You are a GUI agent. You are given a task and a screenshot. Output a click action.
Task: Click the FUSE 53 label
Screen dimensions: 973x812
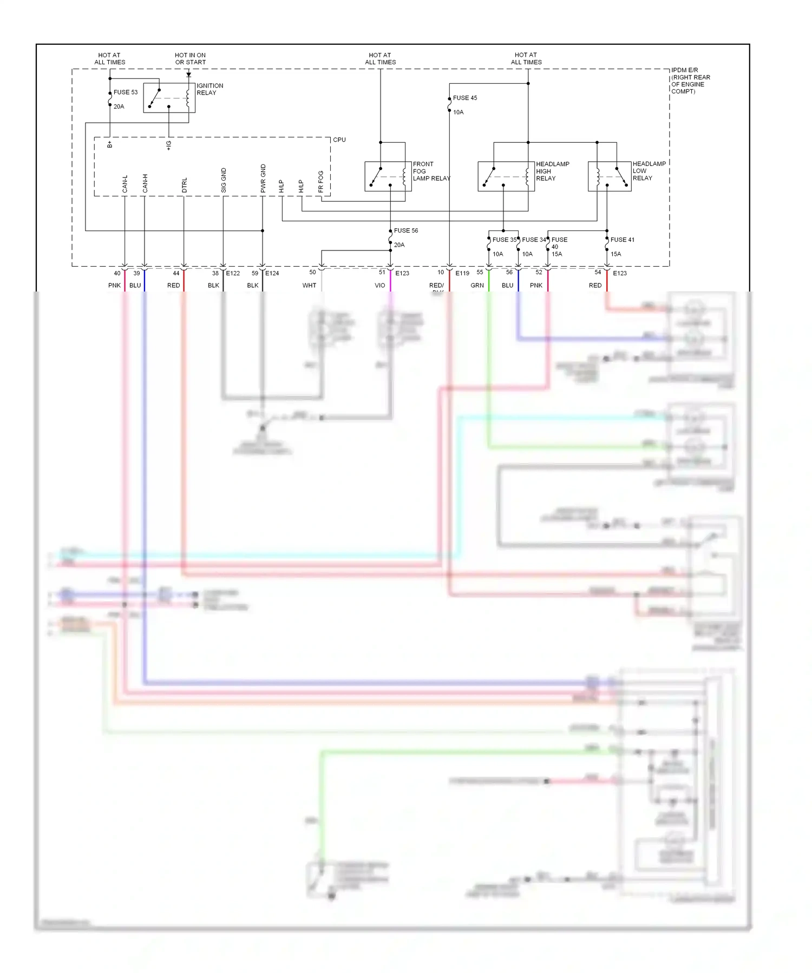(x=125, y=92)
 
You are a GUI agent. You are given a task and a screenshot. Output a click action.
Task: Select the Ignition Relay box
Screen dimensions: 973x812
(x=169, y=98)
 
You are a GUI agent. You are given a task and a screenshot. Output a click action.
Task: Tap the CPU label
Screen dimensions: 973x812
(x=339, y=140)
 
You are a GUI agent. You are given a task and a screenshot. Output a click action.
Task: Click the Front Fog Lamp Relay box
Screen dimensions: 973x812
(x=384, y=176)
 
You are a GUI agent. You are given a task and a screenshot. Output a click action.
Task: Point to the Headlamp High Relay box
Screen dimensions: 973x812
(x=506, y=176)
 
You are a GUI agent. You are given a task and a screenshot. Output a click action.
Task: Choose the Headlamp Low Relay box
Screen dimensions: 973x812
(x=610, y=176)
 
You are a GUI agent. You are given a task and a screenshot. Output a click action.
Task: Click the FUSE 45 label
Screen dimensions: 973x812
(x=464, y=98)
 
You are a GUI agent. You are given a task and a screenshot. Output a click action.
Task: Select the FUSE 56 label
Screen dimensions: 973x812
(x=405, y=230)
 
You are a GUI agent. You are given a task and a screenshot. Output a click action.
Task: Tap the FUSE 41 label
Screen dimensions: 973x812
(x=622, y=240)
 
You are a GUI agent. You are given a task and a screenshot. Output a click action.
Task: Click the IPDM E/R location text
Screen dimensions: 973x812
(x=690, y=81)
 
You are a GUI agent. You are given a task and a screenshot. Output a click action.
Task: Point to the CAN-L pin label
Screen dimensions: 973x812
(x=125, y=184)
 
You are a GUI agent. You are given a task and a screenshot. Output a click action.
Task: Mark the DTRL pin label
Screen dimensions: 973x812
(x=184, y=185)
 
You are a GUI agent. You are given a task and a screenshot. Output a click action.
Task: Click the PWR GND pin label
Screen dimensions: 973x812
(x=263, y=178)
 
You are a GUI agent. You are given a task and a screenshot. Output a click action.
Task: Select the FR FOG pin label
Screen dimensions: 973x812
(x=321, y=182)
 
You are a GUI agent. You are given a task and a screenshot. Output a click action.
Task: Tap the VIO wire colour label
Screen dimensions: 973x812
(x=380, y=286)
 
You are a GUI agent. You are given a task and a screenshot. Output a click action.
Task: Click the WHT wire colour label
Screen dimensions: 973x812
(x=309, y=286)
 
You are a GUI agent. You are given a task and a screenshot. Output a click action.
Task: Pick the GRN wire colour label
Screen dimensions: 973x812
(x=477, y=286)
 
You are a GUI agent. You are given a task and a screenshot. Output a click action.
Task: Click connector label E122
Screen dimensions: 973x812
(x=233, y=274)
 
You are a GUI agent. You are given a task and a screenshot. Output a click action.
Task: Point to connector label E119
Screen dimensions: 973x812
(x=462, y=274)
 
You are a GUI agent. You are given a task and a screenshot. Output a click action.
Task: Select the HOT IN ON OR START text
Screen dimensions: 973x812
(x=190, y=58)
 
